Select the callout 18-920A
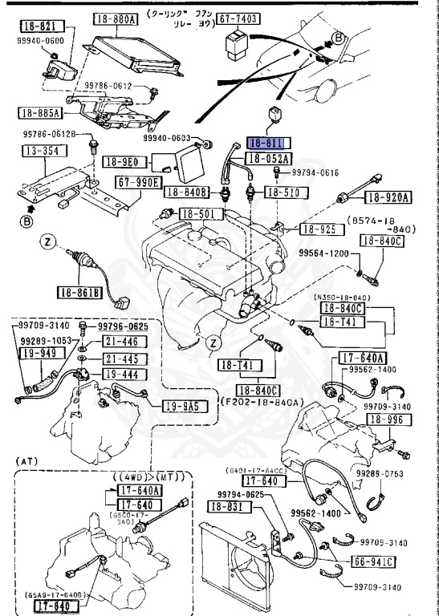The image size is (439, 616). coord(389,197)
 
